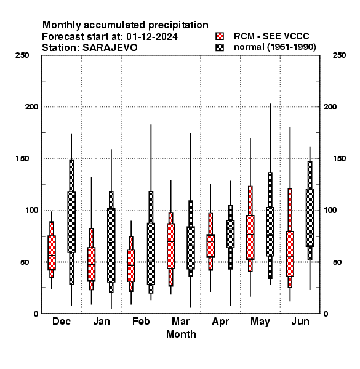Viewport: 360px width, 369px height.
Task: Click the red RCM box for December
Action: coord(52,252)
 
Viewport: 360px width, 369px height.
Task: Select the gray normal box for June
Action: coord(310,218)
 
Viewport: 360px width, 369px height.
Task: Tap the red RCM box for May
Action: coord(250,237)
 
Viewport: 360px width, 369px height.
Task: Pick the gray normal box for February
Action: coord(151,253)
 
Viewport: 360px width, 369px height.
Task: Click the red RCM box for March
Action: coord(170,246)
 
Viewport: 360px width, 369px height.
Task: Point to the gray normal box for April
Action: coord(230,234)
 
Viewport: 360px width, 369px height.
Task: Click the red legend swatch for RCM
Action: coord(220,36)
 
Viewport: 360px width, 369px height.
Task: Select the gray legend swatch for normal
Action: coord(220,47)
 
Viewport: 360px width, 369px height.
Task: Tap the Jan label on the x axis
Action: coord(102,321)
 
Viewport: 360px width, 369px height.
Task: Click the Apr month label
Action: coord(220,322)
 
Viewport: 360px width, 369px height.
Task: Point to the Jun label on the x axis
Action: coord(300,321)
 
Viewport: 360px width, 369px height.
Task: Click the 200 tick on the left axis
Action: coord(31,106)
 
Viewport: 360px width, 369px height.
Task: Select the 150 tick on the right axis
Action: coord(339,159)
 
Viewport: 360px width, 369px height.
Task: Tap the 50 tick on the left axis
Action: coord(25,262)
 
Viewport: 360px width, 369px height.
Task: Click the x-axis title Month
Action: coord(181,334)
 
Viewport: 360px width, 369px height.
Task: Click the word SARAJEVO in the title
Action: coord(110,48)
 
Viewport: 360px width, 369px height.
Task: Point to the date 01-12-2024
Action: coord(152,37)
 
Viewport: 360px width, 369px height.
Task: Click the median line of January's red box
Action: coord(91,264)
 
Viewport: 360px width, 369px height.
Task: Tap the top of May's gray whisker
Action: coord(270,104)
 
